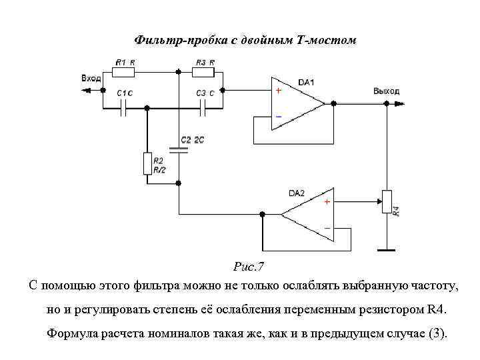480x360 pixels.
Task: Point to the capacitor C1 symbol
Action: coord(124,109)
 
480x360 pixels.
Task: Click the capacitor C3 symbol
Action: coord(204,109)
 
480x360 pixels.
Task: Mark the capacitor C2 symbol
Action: coord(179,150)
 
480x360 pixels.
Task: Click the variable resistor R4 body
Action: coord(385,202)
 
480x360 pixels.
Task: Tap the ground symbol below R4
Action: coord(385,250)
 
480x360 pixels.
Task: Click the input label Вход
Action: coord(91,79)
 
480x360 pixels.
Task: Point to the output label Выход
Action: coord(387,91)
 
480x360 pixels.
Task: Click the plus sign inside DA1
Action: coord(279,91)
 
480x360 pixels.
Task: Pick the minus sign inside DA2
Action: coord(327,227)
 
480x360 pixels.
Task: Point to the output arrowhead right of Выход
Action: coord(401,103)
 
